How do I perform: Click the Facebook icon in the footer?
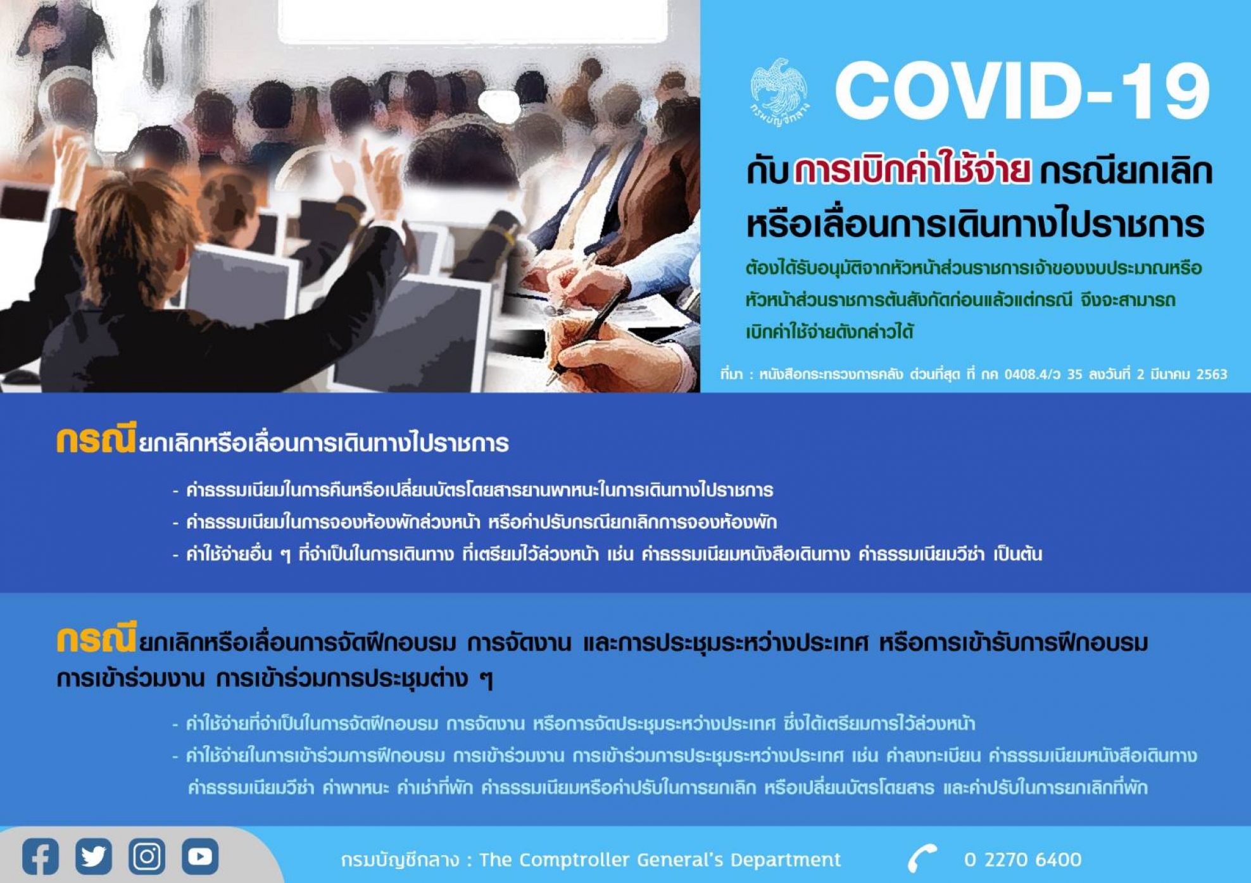tap(41, 856)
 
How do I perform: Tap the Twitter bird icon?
tap(94, 856)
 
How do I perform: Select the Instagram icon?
tap(147, 856)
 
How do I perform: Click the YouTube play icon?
tap(200, 856)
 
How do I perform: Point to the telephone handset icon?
tap(922, 858)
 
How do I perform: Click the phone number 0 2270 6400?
tap(1022, 860)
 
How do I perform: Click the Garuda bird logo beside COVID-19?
tap(779, 92)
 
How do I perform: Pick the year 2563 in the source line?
tap(1212, 374)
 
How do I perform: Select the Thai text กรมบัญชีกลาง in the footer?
tap(400, 860)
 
